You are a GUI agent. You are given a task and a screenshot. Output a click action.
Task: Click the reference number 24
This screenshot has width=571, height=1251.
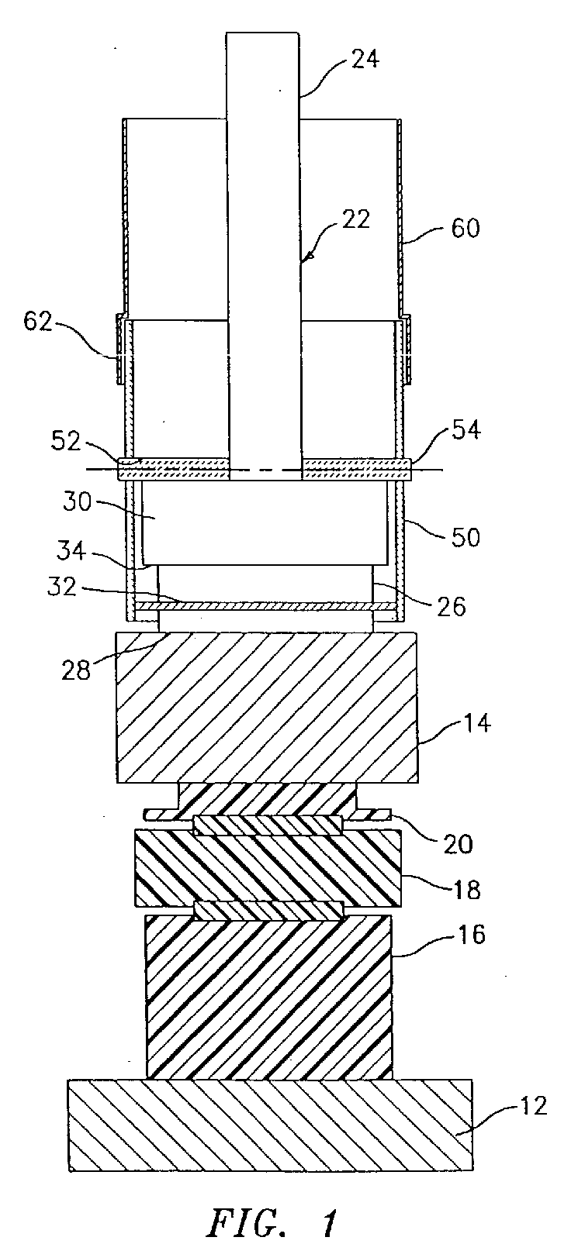[x=365, y=59]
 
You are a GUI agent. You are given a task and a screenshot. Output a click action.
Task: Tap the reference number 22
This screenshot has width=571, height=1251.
[x=355, y=220]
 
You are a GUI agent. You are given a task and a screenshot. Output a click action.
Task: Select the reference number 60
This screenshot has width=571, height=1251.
[x=465, y=229]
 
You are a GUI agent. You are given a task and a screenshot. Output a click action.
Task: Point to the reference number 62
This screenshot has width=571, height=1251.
[x=37, y=322]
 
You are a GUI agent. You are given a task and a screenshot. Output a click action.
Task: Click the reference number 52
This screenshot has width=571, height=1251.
[x=67, y=442]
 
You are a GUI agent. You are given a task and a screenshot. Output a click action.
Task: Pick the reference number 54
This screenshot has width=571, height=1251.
[x=465, y=431]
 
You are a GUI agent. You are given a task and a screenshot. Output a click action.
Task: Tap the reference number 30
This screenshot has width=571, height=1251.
[x=77, y=501]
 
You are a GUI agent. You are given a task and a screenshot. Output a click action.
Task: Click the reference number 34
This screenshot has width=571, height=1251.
[x=71, y=552]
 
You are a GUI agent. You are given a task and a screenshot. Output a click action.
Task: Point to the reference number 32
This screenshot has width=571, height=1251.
[x=61, y=587]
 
